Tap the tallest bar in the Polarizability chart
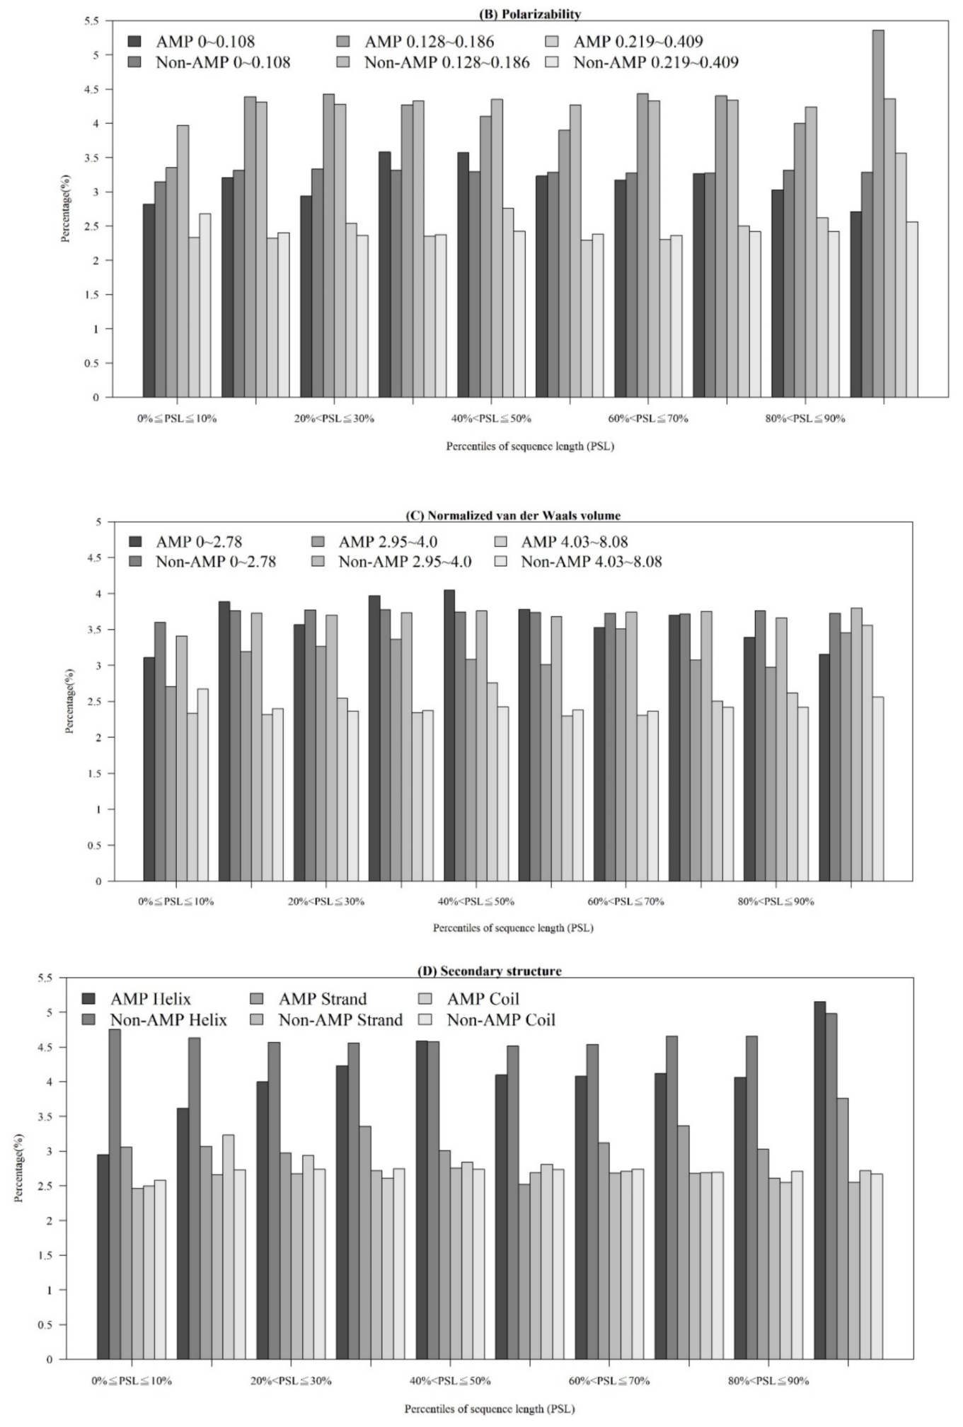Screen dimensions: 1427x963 tap(878, 212)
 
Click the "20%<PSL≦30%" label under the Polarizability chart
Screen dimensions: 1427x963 tap(334, 419)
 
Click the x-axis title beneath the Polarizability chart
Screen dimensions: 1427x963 tap(529, 446)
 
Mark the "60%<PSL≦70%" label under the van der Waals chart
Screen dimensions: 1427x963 tap(625, 901)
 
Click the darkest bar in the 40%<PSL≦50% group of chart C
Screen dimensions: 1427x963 tap(449, 736)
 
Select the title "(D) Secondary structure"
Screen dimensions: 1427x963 tap(490, 971)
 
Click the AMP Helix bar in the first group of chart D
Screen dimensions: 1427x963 tap(103, 1256)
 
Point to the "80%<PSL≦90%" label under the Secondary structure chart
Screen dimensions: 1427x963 tap(768, 1380)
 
